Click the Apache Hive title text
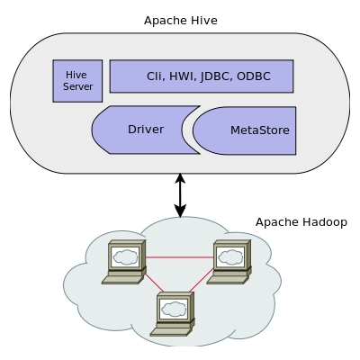(x=180, y=19)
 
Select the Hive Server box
(x=77, y=81)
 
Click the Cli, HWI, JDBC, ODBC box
(x=202, y=76)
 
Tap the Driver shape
(x=144, y=130)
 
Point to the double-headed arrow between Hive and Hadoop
(x=180, y=195)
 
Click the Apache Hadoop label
(x=301, y=222)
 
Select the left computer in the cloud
(x=123, y=262)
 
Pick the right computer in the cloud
(x=230, y=262)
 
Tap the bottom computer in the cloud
(x=174, y=314)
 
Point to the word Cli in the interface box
(x=155, y=76)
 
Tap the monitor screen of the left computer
(x=125, y=256)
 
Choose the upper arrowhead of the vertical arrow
(x=180, y=178)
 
